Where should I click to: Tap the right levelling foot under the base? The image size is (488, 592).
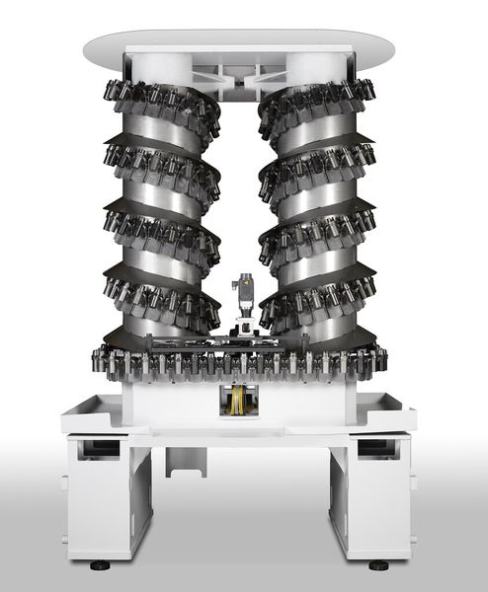[x=377, y=566]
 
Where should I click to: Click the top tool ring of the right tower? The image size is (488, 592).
[x=321, y=99]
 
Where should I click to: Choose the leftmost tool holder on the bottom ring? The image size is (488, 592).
[x=99, y=361]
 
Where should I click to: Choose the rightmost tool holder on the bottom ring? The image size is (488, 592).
[x=381, y=361]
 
